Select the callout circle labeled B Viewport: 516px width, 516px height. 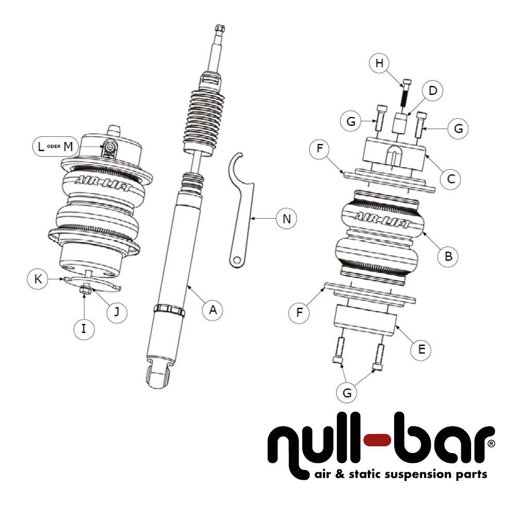click(448, 255)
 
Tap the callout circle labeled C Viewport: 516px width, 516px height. click(450, 178)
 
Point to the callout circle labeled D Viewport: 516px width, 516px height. click(433, 91)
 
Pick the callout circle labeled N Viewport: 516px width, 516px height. click(287, 218)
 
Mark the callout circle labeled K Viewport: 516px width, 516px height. click(38, 279)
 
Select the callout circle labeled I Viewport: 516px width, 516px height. click(84, 329)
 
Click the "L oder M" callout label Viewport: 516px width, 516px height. click(56, 146)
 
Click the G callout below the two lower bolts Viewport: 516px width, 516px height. click(347, 393)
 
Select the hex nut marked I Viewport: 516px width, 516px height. click(85, 293)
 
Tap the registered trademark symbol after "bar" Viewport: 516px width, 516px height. click(491, 443)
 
